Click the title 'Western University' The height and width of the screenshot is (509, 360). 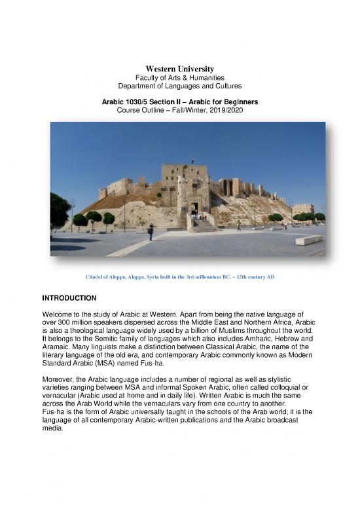click(x=180, y=69)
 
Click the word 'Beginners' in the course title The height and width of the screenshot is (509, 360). click(x=240, y=103)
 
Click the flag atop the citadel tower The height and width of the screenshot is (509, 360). click(x=192, y=161)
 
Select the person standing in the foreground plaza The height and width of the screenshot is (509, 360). click(x=151, y=231)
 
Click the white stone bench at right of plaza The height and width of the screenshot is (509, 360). click(x=309, y=240)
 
